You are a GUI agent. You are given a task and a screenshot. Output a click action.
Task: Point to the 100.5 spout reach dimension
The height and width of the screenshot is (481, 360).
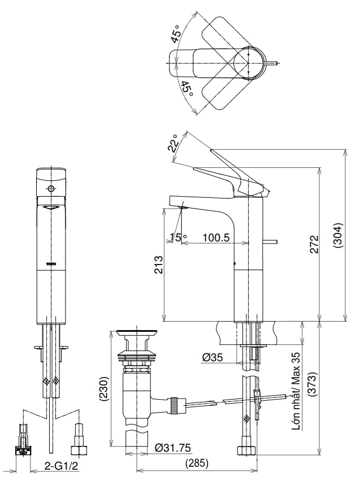(x=215, y=238)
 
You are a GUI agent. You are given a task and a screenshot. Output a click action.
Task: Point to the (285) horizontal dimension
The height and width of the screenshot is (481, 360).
(x=197, y=463)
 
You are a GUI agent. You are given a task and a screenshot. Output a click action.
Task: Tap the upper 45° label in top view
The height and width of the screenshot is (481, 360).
(x=177, y=33)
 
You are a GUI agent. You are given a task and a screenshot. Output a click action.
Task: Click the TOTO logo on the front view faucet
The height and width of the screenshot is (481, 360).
(x=51, y=263)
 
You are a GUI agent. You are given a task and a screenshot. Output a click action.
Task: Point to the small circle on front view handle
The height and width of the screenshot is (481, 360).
(x=51, y=188)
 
